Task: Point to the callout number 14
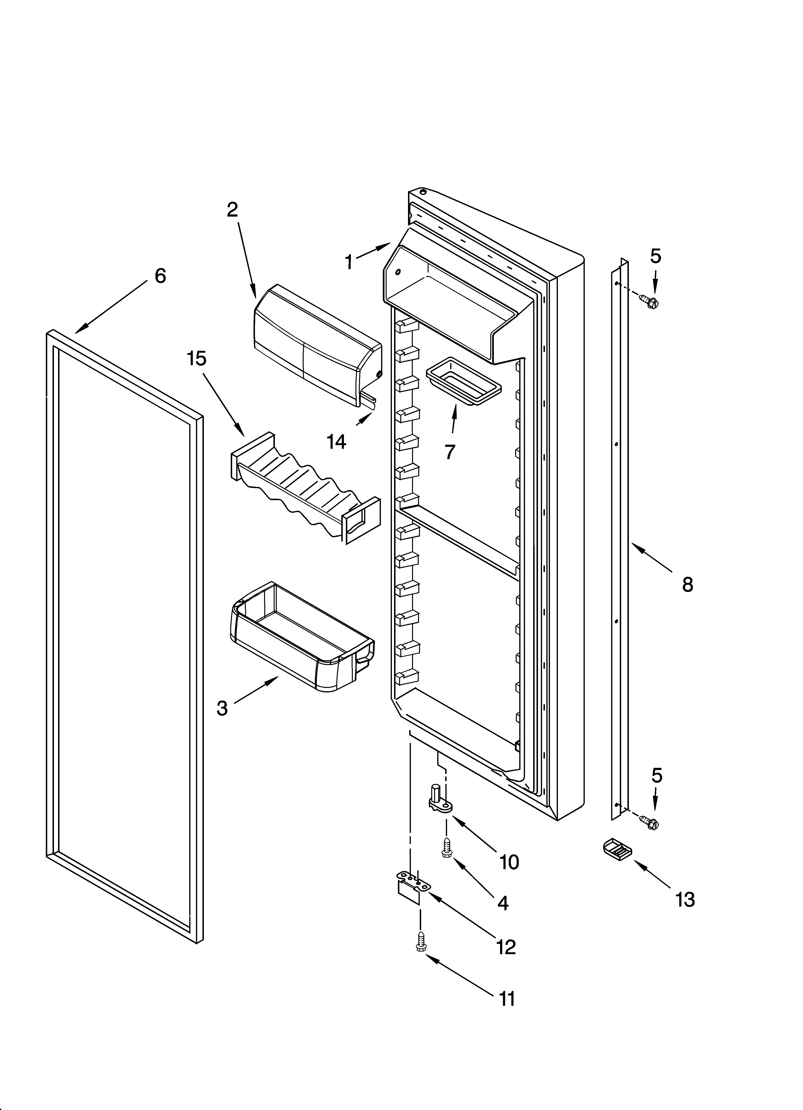(337, 442)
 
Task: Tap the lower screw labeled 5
(651, 824)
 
